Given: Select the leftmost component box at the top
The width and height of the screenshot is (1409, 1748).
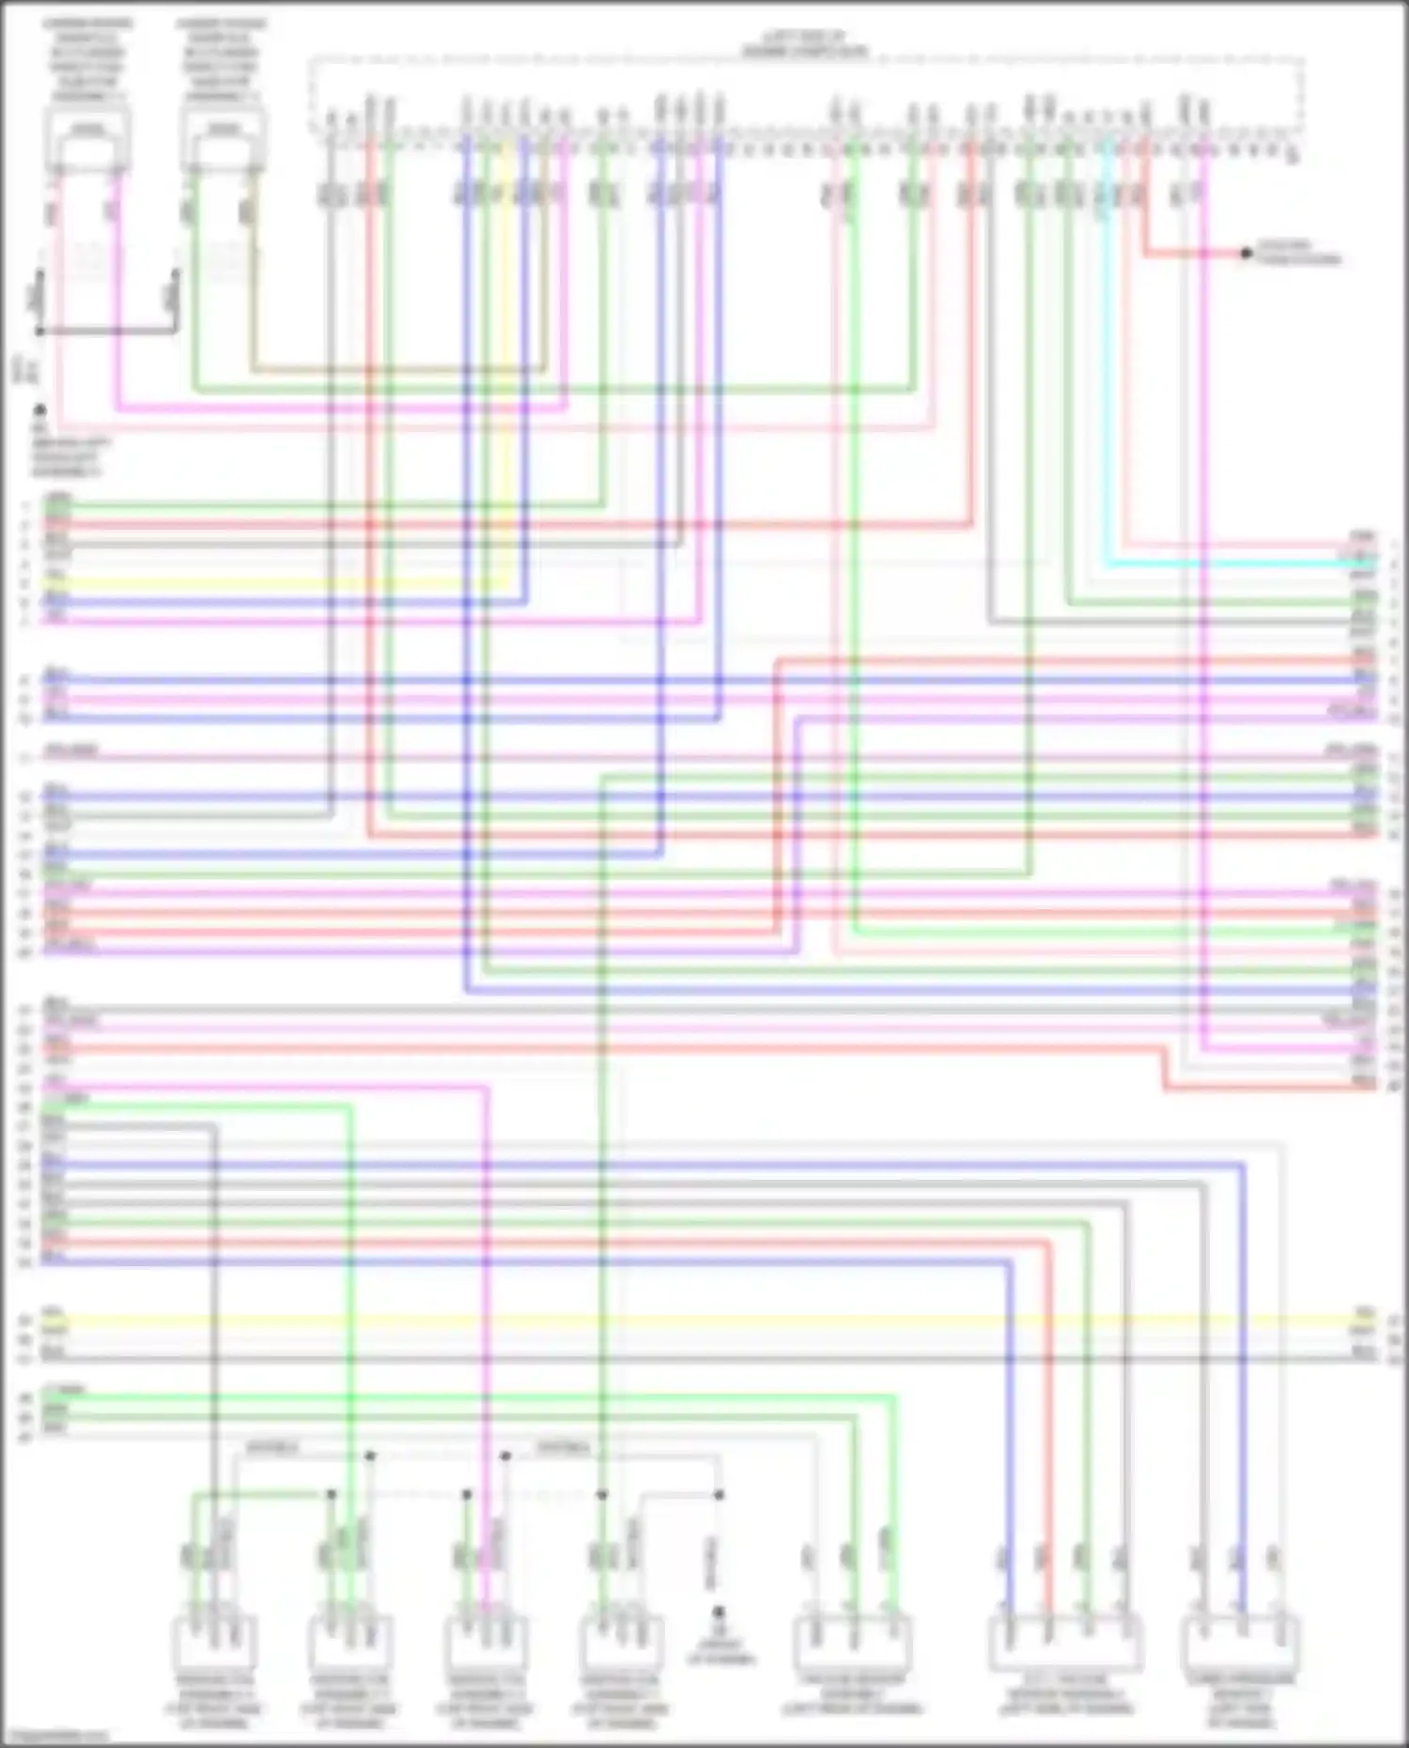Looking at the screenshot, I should click(87, 141).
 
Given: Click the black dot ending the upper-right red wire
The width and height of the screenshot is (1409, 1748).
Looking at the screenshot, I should click(1246, 253).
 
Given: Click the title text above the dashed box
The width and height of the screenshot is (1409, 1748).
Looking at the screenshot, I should click(805, 43).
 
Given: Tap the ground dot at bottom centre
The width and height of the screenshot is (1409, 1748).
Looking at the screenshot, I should click(719, 1612).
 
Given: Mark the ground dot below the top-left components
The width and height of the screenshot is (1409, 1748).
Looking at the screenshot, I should click(39, 410).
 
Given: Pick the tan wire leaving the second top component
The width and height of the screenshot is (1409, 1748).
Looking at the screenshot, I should click(395, 369).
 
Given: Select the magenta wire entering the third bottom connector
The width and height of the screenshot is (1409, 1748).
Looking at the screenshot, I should click(487, 1315).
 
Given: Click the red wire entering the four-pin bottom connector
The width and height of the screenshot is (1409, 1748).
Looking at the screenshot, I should click(1049, 1409).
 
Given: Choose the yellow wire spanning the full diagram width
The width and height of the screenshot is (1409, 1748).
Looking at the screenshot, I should click(704, 1321).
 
